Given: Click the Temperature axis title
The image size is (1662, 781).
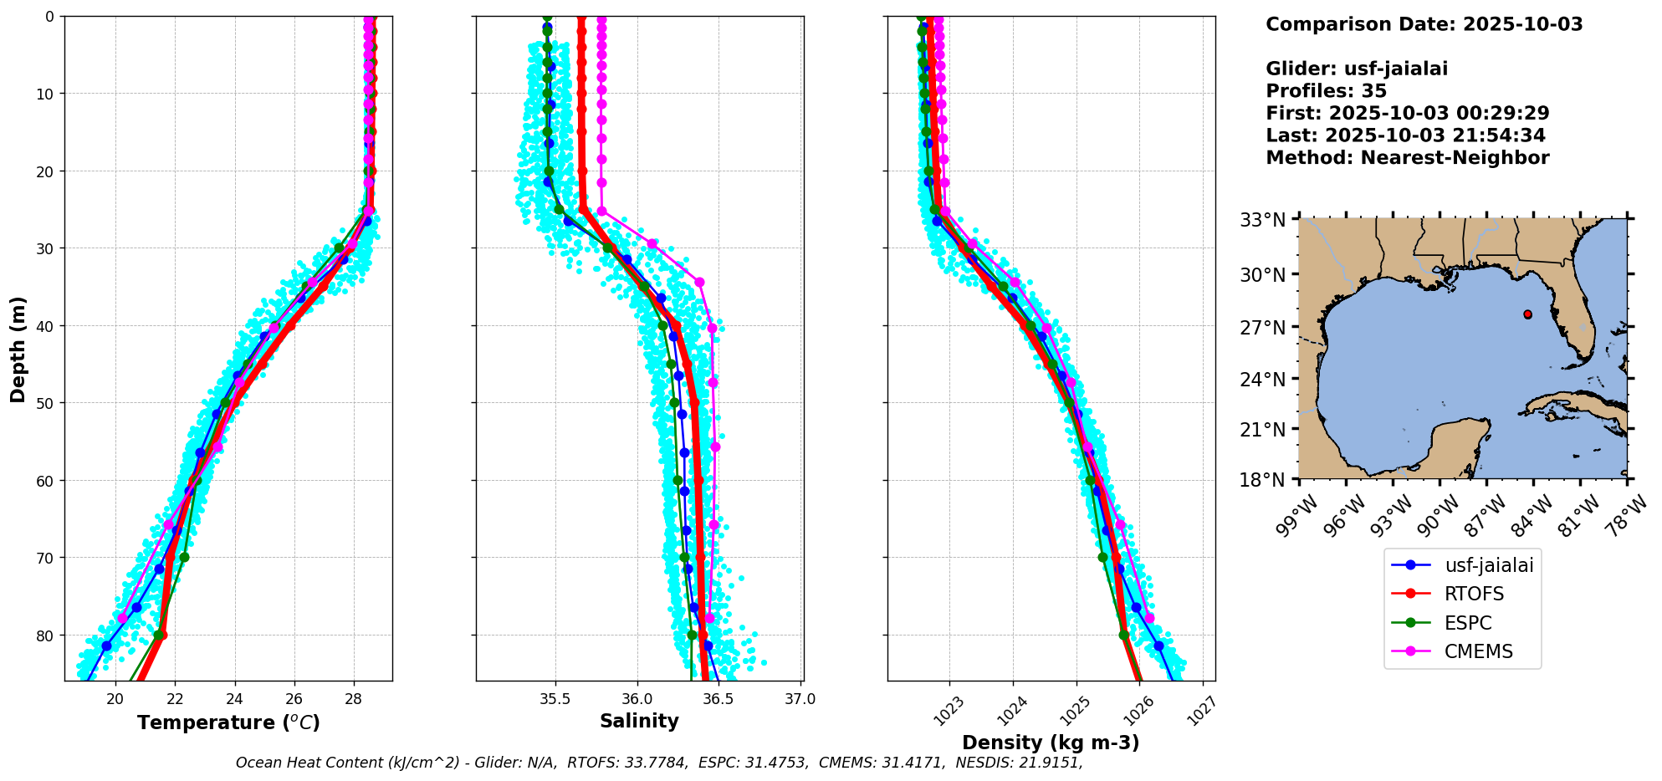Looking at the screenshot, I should [228, 722].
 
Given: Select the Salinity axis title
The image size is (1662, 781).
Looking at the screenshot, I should [639, 721].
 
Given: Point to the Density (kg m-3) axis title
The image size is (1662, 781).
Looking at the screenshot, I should [1051, 743].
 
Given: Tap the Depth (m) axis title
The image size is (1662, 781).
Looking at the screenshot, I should [18, 349].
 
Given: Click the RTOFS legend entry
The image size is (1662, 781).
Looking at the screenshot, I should [1474, 594].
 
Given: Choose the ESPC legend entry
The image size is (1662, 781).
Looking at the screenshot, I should [1468, 623].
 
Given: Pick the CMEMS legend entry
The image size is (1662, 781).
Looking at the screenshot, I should [1478, 651].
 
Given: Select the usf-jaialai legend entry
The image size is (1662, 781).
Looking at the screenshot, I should [1489, 565].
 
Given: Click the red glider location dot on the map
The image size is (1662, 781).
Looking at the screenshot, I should [1528, 314].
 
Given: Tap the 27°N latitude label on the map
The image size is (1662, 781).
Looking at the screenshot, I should [1263, 327].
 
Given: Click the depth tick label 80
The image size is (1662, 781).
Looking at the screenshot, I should [45, 636].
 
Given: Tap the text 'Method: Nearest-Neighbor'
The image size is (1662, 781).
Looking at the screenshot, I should [1407, 158].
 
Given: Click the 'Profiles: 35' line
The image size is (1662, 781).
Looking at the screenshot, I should [1326, 91].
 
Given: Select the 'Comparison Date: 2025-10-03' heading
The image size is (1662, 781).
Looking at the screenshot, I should [1424, 24].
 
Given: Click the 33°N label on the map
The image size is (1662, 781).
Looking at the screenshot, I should [1263, 220].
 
